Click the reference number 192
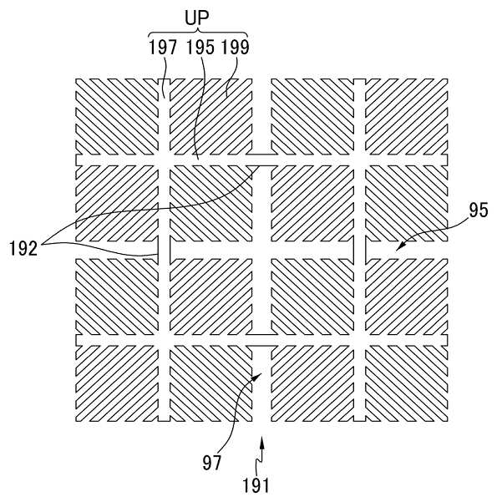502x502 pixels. tap(27, 247)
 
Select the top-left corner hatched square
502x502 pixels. tap(116, 116)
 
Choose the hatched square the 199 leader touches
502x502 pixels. tap(210, 116)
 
